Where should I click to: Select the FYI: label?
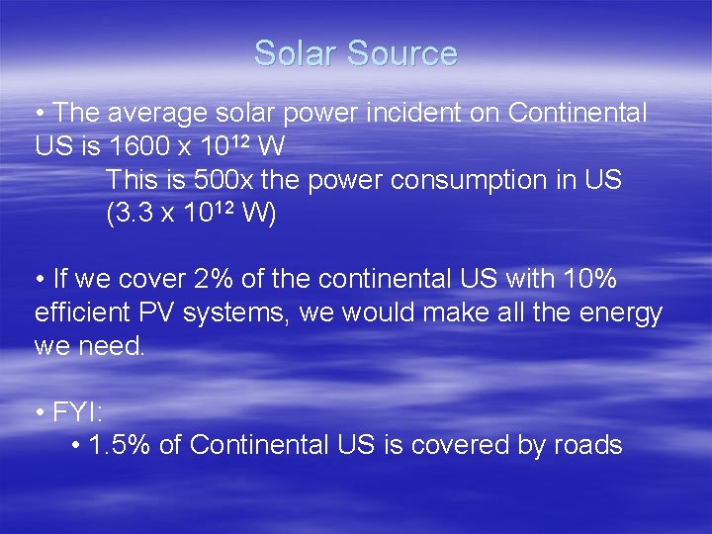pyautogui.click(x=78, y=411)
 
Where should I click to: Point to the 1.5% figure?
pyautogui.click(x=120, y=445)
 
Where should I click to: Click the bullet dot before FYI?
pyautogui.click(x=39, y=411)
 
